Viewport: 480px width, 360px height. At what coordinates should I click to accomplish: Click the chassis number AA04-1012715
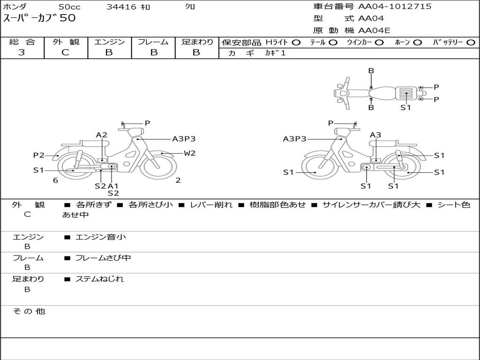coord(395,7)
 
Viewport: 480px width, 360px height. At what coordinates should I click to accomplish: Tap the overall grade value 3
coord(22,52)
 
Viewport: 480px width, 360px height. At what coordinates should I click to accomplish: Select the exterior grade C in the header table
coord(66,52)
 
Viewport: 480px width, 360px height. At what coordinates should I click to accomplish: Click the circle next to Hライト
coord(296,43)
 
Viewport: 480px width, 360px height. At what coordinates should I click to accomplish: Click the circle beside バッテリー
coord(471,43)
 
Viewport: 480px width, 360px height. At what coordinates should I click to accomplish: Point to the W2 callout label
coord(189,153)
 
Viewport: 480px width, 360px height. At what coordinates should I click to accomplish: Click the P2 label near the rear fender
coord(39,156)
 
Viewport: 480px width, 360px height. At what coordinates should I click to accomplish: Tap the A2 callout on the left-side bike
coord(102,135)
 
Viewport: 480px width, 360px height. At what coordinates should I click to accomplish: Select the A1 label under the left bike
coord(112,186)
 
